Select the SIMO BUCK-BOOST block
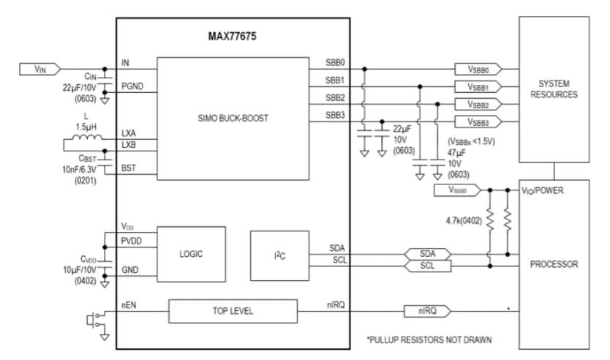click(x=233, y=119)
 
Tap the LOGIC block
click(x=191, y=254)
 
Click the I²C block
click(x=274, y=254)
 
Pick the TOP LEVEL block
click(x=233, y=311)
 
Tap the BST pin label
click(x=128, y=169)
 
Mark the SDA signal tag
click(x=427, y=253)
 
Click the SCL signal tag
click(x=427, y=266)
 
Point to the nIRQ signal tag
click(x=428, y=311)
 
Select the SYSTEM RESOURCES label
click(x=553, y=89)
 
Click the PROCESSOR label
click(x=553, y=264)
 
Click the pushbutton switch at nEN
click(x=94, y=319)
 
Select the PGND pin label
click(x=132, y=86)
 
